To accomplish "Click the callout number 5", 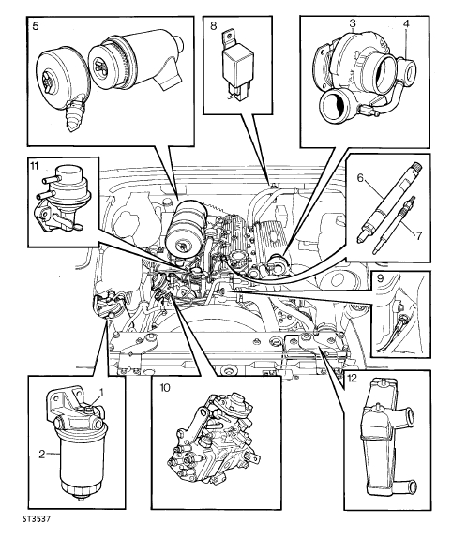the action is [x=36, y=26].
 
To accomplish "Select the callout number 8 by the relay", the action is [x=214, y=25].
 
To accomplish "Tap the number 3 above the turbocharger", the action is [x=353, y=23].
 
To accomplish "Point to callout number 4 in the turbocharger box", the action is [x=406, y=23].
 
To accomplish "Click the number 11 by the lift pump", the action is [x=35, y=166].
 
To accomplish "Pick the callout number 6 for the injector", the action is [x=360, y=178].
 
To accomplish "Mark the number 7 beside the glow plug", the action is [x=418, y=235].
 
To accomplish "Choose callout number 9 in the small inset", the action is [x=380, y=278].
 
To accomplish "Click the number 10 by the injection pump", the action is [x=165, y=388].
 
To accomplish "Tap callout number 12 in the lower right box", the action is [x=352, y=378].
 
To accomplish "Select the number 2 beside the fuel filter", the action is [x=42, y=455].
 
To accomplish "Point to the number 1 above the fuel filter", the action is [x=101, y=392].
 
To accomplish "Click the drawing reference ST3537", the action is [x=37, y=519].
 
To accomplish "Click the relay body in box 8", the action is [x=238, y=65].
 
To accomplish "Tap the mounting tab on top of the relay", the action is [x=228, y=38].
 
